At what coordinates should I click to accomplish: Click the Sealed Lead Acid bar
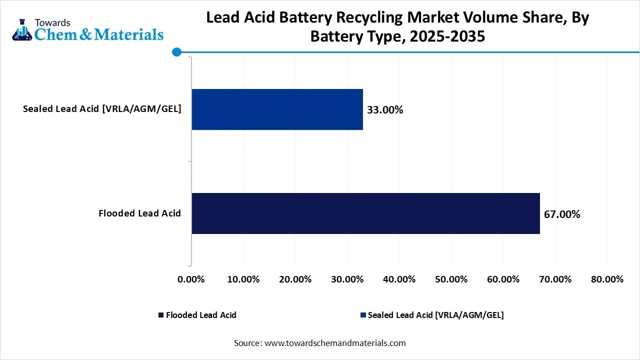tap(277, 109)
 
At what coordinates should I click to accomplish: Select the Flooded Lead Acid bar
tap(365, 213)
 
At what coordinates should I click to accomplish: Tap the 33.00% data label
tap(385, 110)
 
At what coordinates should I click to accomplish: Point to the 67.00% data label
tap(562, 214)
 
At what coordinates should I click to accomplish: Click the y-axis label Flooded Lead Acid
tap(139, 213)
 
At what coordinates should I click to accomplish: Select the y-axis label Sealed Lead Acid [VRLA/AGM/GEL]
tap(102, 109)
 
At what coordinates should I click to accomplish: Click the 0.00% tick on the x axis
tap(191, 279)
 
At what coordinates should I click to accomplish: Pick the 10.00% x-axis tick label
tap(243, 279)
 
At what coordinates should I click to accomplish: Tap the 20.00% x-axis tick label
tap(295, 279)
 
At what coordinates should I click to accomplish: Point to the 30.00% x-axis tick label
tap(347, 279)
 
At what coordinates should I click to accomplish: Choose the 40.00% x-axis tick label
tap(399, 279)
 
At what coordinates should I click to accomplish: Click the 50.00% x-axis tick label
tap(451, 279)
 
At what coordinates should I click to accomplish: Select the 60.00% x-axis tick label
tap(503, 279)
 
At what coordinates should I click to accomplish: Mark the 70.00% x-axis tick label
tap(555, 279)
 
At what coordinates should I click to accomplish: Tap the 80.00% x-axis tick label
tap(607, 279)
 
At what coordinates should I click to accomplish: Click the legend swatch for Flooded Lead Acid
tap(161, 315)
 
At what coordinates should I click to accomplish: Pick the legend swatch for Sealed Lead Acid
tap(362, 315)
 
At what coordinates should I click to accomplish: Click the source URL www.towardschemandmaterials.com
tap(334, 343)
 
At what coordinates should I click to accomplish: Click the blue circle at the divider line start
tap(176, 51)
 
